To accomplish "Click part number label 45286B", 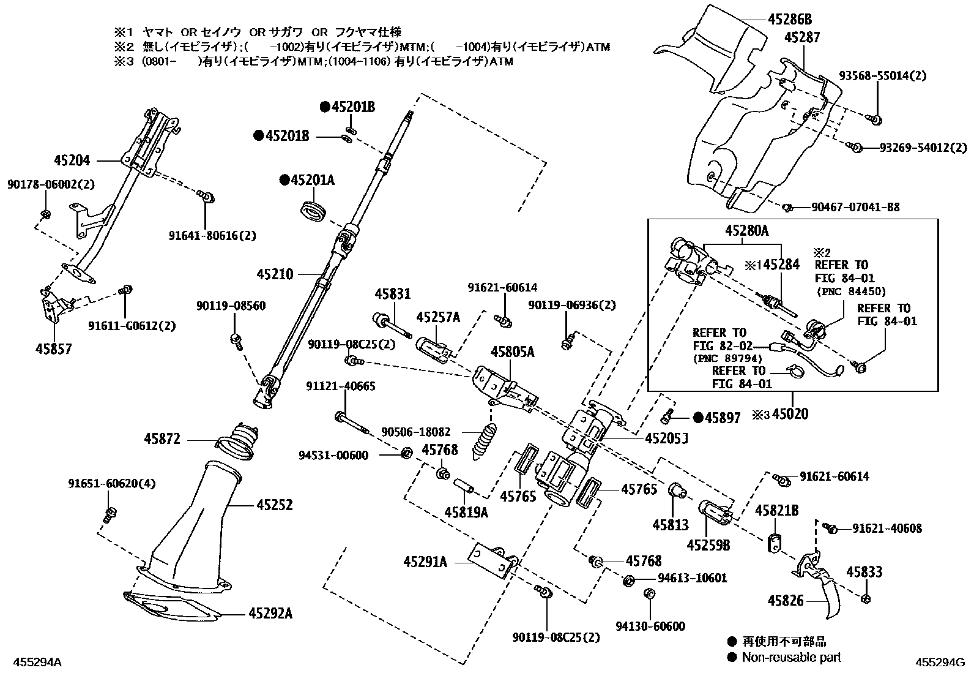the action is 790,20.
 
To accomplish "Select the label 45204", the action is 72,160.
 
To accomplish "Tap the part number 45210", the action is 275,274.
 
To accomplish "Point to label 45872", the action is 162,439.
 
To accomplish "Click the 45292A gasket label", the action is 270,614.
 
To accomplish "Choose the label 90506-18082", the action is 415,432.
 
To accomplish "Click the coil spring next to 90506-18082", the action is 483,440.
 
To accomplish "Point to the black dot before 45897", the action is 698,418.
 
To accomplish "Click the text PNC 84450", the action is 851,291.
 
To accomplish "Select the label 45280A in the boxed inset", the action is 747,230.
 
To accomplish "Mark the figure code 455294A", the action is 37,662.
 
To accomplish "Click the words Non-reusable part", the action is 792,657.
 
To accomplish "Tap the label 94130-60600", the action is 650,626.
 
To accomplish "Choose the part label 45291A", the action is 425,562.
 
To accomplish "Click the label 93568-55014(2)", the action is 883,76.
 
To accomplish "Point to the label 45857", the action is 53,348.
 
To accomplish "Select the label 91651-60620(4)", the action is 112,484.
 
